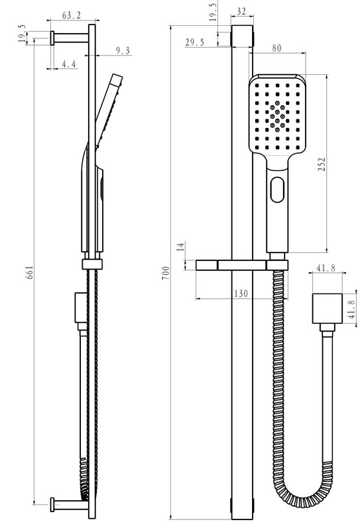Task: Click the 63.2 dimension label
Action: (72, 15)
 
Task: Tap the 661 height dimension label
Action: (29, 272)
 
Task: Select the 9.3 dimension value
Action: (123, 50)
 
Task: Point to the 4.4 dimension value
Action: (69, 64)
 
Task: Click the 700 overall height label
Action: (166, 273)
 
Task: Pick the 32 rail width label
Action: (241, 11)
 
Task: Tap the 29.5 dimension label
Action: (194, 42)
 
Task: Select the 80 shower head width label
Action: (276, 48)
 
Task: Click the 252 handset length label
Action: (322, 164)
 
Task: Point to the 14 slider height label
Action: (181, 246)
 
